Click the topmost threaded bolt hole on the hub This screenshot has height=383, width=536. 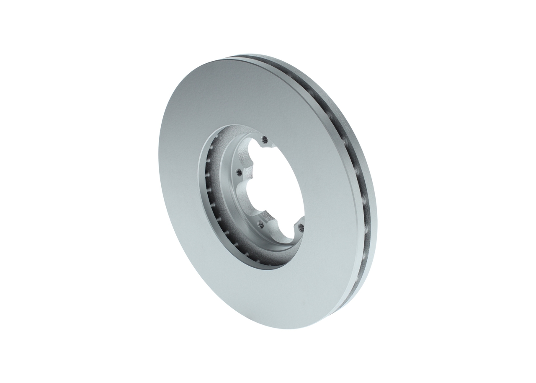coord(264,139)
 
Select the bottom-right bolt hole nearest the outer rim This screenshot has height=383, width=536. coord(301,227)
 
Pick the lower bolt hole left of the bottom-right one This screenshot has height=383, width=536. coord(260,224)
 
